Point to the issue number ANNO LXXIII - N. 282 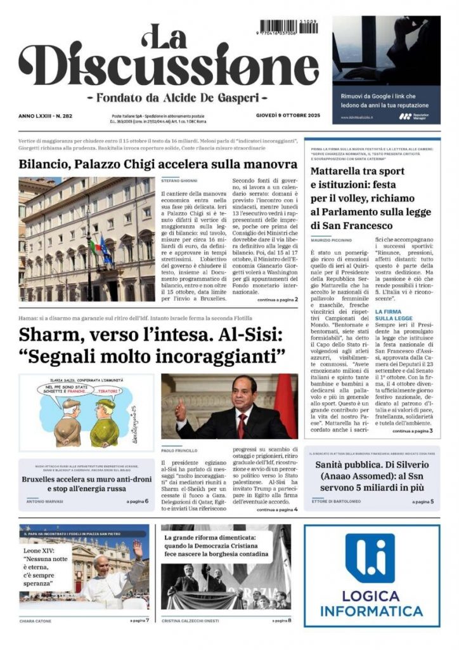tap(46, 116)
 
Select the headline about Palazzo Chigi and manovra tap(158, 164)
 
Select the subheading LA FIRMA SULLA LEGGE tap(395, 315)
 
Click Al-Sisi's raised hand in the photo tap(181, 411)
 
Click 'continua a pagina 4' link tap(277, 509)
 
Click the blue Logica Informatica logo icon tap(370, 558)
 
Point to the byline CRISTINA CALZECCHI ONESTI tap(194, 620)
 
